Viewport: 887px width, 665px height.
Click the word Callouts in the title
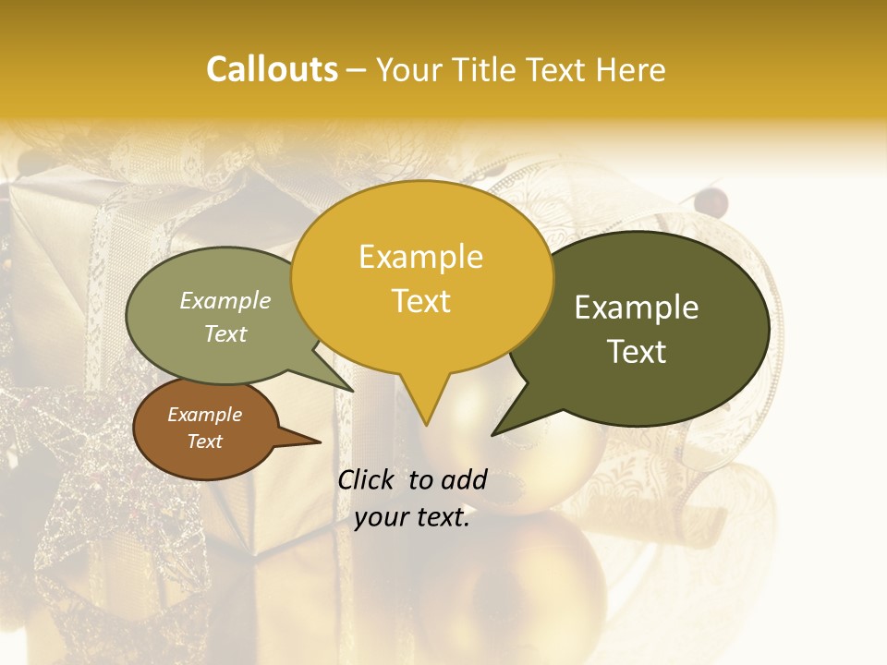pos(272,69)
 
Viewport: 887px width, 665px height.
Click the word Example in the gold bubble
pos(420,257)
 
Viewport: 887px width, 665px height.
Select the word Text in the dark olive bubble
pos(637,352)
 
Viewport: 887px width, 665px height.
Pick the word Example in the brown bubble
pos(204,415)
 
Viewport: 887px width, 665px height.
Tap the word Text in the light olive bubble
pos(225,333)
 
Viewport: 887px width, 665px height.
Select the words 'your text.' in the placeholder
pos(412,518)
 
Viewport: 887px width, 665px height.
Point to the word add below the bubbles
pos(463,479)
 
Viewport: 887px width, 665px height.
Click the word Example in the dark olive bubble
pos(637,308)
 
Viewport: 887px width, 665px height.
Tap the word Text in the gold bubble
pos(420,301)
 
